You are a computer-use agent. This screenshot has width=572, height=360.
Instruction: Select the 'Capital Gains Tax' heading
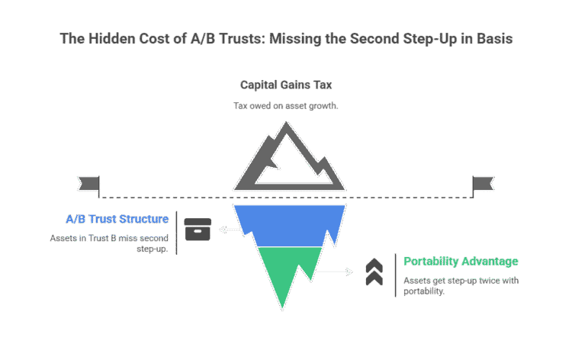pos(286,85)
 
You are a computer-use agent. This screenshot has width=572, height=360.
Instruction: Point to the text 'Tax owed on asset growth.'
pos(286,105)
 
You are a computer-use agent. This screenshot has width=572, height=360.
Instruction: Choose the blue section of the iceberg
pos(286,225)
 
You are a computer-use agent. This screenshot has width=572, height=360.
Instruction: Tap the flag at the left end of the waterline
pos(89,183)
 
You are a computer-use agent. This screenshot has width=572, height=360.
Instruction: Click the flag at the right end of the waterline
pos(483,183)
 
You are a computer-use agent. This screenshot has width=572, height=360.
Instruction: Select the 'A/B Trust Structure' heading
pos(117,220)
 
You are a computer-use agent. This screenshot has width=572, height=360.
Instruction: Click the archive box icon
pos(198,230)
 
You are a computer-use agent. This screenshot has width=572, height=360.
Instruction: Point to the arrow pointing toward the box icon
pos(227,229)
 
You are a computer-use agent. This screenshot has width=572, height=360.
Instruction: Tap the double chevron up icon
pos(374,272)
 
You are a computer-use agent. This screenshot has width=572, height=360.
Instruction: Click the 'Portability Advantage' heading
pos(461,262)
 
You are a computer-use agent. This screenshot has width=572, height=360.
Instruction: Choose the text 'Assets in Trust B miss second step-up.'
pos(109,243)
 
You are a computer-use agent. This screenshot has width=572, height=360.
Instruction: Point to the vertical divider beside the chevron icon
pos(395,275)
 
